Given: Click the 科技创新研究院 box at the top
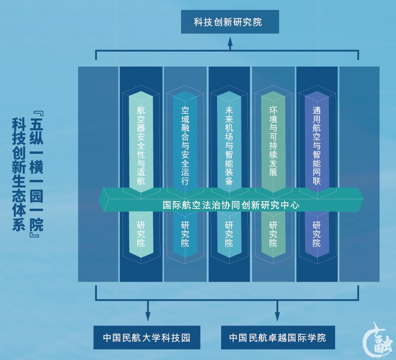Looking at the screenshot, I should tap(230, 22).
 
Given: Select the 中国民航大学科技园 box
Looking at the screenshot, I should tap(146, 337).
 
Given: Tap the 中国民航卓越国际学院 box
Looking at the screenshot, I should tap(278, 337).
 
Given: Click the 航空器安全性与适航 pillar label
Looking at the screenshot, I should tap(141, 145).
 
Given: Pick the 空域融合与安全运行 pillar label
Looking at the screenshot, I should tap(185, 145).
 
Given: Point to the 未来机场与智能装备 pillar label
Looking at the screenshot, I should tap(229, 145).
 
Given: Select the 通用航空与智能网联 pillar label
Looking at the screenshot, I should tap(316, 145).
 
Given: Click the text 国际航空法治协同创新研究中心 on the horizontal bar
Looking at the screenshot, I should tap(231, 205).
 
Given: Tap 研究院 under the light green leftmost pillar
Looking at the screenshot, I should tap(141, 234).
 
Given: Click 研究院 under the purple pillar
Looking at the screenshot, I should tap(316, 234).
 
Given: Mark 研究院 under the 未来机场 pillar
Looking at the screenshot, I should tap(229, 234).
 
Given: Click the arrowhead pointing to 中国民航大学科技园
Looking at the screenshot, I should tap(148, 316).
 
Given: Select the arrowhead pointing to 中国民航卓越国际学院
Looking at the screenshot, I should tap(278, 316).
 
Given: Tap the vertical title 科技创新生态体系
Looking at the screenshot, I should tap(18, 175).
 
